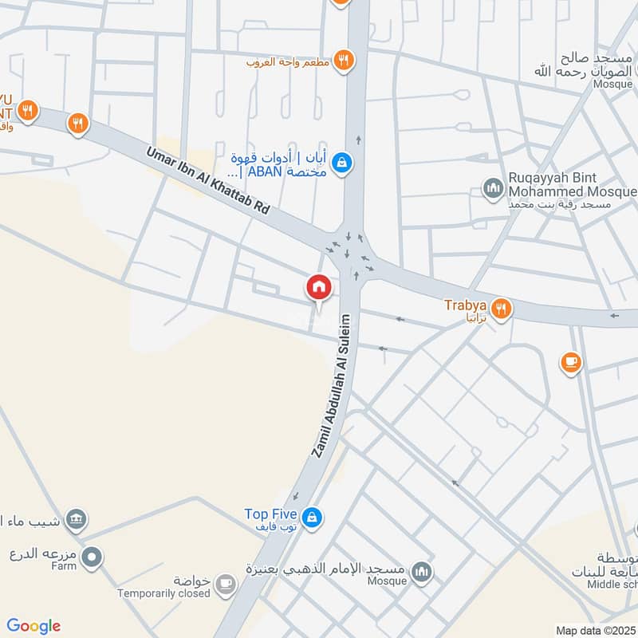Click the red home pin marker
319,287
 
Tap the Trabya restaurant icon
501,307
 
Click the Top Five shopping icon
313,517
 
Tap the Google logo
33,626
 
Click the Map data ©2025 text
596,631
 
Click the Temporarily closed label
163,593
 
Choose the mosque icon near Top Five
422,571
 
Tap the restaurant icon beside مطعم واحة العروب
343,59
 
